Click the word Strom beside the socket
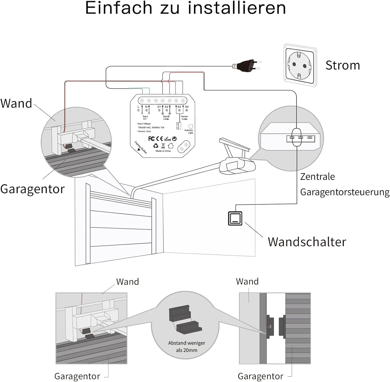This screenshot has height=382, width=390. pyautogui.click(x=342, y=65)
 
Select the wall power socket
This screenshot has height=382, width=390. pyautogui.click(x=300, y=65)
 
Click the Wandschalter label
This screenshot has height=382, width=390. pyautogui.click(x=307, y=242)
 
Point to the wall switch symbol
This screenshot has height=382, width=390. pyautogui.click(x=235, y=218)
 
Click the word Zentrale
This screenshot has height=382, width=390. pyautogui.click(x=317, y=177)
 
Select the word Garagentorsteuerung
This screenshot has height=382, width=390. pyautogui.click(x=345, y=192)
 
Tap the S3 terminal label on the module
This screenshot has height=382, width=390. pyautogui.click(x=179, y=107)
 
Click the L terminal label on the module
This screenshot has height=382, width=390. pyautogui.click(x=138, y=107)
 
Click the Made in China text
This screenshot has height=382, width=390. pyautogui.click(x=163, y=151)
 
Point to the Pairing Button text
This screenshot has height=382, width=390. pyautogui.click(x=141, y=147)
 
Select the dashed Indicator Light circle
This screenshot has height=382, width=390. pyautogui.click(x=191, y=126)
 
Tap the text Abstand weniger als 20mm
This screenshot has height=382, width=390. pyautogui.click(x=186, y=347)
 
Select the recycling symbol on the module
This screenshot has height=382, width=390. pyautogui.click(x=155, y=146)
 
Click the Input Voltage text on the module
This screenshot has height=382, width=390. pyautogui.click(x=145, y=124)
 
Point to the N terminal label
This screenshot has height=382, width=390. pyautogui.click(x=146, y=107)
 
